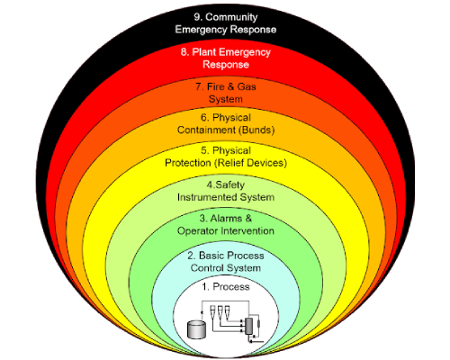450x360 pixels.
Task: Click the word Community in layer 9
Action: click(x=231, y=17)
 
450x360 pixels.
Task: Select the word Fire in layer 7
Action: click(x=216, y=86)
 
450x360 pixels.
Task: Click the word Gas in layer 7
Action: click(x=247, y=86)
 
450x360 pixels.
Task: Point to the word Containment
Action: click(x=206, y=130)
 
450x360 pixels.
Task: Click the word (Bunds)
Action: click(x=256, y=130)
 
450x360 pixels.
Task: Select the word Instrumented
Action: click(x=207, y=197)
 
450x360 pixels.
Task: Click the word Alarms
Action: click(x=226, y=218)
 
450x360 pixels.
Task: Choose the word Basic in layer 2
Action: click(x=212, y=256)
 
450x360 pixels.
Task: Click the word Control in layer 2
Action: click(x=207, y=268)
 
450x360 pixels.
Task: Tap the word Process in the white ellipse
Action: click(x=231, y=287)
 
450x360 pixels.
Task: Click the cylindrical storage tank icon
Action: click(x=196, y=329)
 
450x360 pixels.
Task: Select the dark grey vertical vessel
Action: click(x=248, y=326)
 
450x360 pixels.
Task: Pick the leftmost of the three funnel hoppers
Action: click(x=212, y=310)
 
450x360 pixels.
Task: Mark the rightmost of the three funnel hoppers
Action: click(x=227, y=310)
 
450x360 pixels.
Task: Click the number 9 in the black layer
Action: click(x=198, y=17)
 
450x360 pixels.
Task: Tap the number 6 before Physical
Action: click(x=204, y=117)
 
